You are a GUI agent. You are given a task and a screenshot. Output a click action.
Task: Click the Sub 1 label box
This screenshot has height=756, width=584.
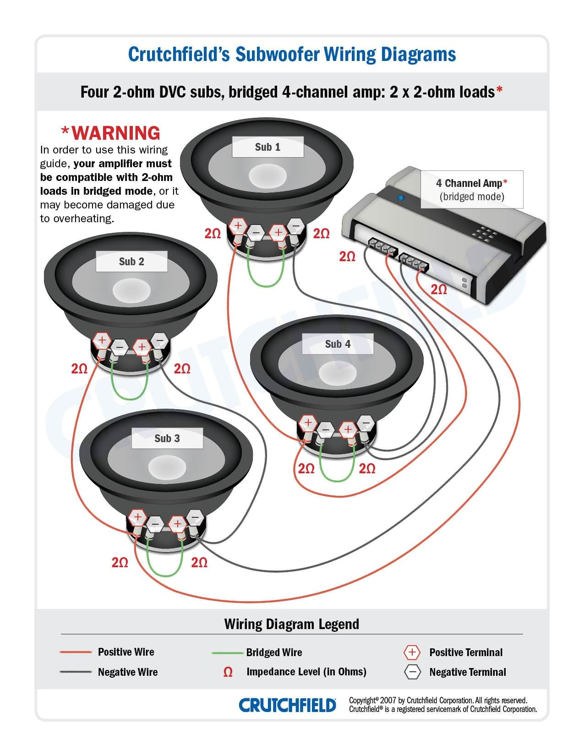pyautogui.click(x=267, y=147)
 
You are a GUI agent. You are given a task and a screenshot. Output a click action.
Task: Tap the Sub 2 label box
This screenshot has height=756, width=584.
pyautogui.click(x=131, y=262)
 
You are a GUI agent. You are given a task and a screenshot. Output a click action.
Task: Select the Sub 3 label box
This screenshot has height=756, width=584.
pyautogui.click(x=167, y=438)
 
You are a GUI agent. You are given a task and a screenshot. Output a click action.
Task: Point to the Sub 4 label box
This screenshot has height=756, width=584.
pyautogui.click(x=338, y=344)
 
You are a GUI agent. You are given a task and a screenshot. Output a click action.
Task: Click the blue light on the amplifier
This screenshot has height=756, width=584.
pyautogui.click(x=401, y=198)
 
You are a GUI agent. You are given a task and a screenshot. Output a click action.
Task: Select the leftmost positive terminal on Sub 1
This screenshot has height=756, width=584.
pyautogui.click(x=238, y=225)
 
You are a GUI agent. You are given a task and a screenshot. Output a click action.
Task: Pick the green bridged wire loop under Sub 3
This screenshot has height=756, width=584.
pyautogui.click(x=164, y=573)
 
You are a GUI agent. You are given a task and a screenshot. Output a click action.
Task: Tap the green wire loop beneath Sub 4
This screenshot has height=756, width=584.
pyautogui.click(x=336, y=479)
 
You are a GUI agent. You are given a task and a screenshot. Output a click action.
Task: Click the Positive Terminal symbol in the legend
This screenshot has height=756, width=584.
pyautogui.click(x=412, y=652)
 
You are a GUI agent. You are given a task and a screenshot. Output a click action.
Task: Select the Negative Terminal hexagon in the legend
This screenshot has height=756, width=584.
pyautogui.click(x=412, y=672)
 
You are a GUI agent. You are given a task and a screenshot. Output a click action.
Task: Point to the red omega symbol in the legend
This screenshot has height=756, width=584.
pyautogui.click(x=228, y=672)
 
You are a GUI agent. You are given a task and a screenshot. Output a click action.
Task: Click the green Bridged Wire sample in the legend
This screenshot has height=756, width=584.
pyautogui.click(x=227, y=652)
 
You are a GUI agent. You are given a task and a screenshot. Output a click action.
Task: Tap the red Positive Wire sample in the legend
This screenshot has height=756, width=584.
pyautogui.click(x=76, y=652)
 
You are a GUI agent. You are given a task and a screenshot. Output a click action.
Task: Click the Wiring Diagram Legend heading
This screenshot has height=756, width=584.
pyautogui.click(x=291, y=624)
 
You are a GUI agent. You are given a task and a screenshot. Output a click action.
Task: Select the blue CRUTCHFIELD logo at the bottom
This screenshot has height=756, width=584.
pyautogui.click(x=287, y=705)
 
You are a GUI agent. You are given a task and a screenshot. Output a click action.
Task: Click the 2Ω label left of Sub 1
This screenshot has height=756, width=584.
pyautogui.click(x=213, y=234)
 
